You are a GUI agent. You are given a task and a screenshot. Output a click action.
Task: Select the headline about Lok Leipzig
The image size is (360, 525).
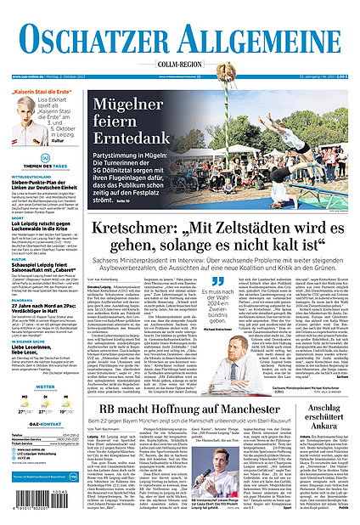(44, 223)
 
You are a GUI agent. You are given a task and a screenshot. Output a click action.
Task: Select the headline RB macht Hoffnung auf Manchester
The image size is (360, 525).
(173, 409)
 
